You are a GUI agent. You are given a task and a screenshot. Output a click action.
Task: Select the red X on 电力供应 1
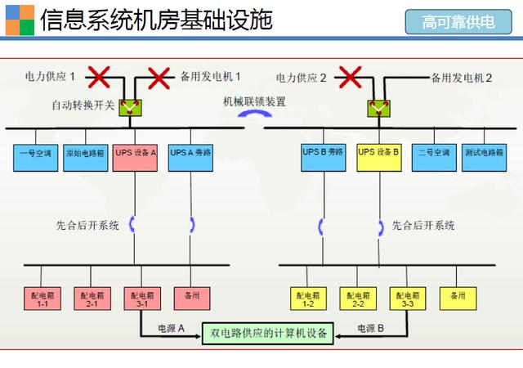coord(100,78)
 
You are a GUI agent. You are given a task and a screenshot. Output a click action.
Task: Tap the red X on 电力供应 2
coord(351,78)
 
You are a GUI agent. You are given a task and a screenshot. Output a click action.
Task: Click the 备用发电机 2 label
coord(461,79)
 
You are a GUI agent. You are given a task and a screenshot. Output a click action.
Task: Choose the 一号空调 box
coord(35,156)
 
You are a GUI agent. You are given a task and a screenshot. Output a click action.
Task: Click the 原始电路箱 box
coord(86,156)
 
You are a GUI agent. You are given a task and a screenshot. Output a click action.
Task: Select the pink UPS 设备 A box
coord(136,156)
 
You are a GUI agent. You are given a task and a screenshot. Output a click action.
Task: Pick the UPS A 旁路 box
coord(190,156)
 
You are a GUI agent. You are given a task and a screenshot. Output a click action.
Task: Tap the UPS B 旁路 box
coord(324,156)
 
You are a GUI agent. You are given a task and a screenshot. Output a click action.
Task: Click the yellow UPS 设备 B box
coord(379,156)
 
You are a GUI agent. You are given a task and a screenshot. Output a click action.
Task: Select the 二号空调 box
coord(433,156)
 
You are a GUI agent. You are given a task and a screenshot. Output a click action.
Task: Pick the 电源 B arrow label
coord(371,327)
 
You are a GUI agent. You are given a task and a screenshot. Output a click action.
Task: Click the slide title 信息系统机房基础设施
coord(156,20)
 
